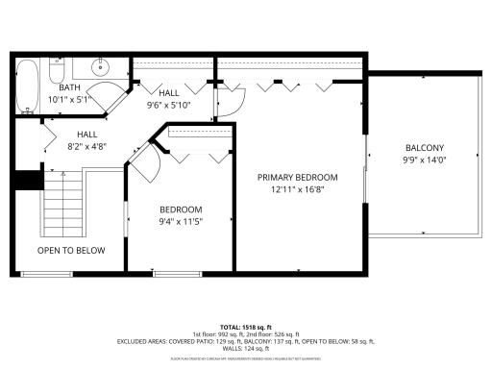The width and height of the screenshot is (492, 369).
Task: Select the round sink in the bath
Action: tap(99, 68)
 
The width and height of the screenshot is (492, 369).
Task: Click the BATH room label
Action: tap(70, 87)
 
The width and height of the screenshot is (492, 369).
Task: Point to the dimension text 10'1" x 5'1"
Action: tap(70, 99)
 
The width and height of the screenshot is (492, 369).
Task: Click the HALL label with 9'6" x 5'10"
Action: tap(168, 93)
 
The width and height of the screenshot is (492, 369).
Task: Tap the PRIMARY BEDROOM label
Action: tap(297, 178)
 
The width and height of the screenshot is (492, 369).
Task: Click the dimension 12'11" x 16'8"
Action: tap(297, 190)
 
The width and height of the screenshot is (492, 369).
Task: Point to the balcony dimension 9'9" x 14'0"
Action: tap(425, 160)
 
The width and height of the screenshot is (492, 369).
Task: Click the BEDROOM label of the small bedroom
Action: tap(181, 210)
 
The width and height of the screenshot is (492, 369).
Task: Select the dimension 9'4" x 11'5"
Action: tap(181, 222)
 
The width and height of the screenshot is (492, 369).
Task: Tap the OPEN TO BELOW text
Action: tap(71, 251)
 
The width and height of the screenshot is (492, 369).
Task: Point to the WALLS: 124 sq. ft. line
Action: tap(246, 347)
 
